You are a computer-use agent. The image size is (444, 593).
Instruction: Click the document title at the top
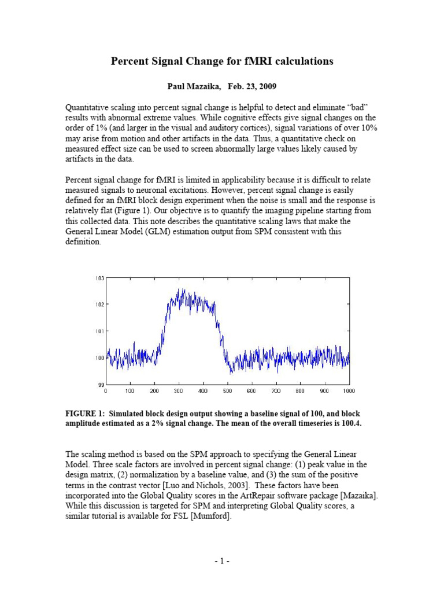click(222, 61)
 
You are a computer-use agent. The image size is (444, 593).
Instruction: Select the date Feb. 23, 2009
click(252, 86)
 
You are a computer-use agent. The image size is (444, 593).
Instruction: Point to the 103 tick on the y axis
click(100, 279)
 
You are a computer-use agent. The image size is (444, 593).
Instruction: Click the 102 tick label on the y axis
click(100, 305)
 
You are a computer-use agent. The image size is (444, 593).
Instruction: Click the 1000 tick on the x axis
click(348, 391)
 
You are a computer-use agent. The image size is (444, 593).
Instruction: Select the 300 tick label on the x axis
click(179, 391)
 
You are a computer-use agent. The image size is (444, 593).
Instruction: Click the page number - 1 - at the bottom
click(222, 561)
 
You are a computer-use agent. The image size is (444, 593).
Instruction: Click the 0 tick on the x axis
click(106, 391)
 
